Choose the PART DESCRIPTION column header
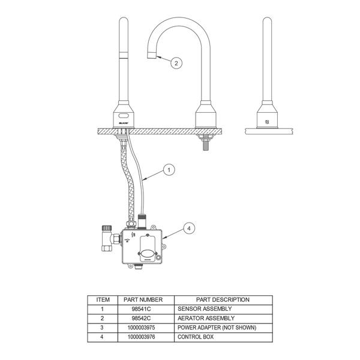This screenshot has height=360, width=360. tap(223, 299)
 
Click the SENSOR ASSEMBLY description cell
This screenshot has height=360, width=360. tap(203, 308)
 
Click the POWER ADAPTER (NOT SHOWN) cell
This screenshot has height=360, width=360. tap(216, 328)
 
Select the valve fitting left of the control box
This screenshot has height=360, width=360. tap(107, 240)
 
